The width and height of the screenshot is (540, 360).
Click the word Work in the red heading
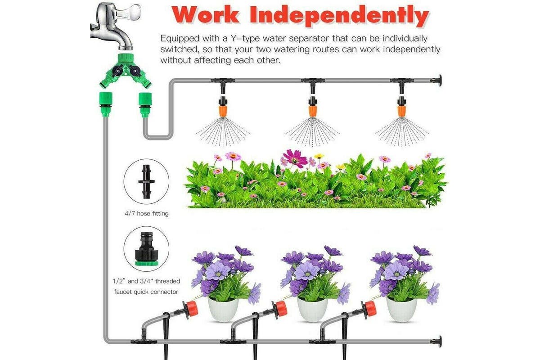(x=205, y=15)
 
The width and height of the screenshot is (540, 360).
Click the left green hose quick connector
(x=106, y=104)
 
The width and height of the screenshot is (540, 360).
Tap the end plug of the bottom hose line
(x=437, y=341)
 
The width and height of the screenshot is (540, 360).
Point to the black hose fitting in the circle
(x=146, y=181)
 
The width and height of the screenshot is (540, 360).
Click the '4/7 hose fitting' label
(x=147, y=213)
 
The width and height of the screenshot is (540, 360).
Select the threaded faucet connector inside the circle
(x=146, y=248)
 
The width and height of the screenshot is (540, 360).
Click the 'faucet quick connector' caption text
(x=146, y=292)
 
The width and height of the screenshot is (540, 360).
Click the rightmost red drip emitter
(x=369, y=309)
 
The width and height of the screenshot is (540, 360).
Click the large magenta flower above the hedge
(x=295, y=158)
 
